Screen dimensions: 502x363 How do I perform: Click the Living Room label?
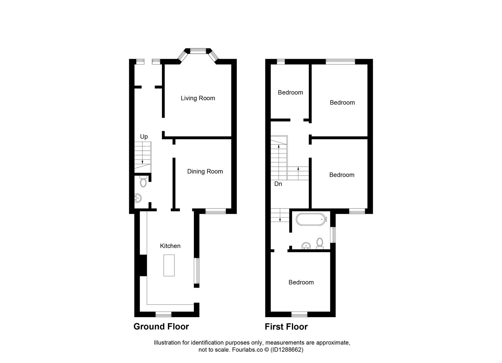tap(198, 98)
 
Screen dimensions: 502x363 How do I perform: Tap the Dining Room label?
tap(205, 171)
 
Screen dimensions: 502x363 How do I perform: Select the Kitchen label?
tap(170, 246)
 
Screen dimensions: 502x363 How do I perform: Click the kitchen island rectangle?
tap(169, 265)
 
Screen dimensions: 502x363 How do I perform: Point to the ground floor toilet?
tap(143, 181)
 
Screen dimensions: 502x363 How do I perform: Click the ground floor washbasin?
tap(138, 198)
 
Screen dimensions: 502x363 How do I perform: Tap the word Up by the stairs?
tap(144, 137)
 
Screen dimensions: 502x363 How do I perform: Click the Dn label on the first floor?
tap(278, 184)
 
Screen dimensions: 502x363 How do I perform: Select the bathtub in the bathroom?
tap(310, 219)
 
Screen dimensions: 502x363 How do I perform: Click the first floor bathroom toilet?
tap(320, 244)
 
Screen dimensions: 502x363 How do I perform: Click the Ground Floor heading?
tap(161, 327)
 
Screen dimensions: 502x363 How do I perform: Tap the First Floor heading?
tap(286, 327)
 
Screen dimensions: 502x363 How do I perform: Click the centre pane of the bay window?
tap(198, 51)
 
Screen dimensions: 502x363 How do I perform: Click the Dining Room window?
tap(216, 211)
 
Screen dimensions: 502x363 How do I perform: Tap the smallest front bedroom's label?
tap(291, 92)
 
